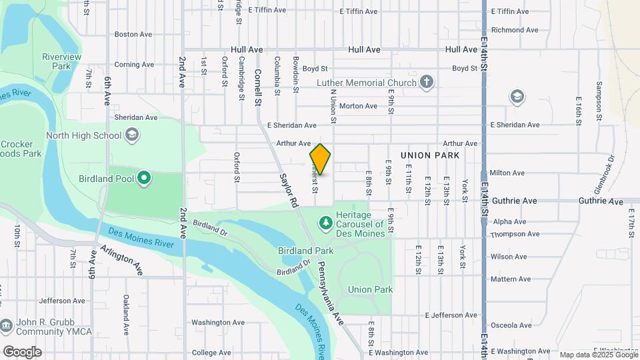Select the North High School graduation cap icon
132,135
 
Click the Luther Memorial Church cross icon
427,83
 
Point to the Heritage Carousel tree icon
325,221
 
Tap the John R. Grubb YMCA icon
6,326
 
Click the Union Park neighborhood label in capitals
430,155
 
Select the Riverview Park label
61,61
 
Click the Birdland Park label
305,251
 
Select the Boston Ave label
133,34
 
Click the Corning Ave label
133,65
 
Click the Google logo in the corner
22,351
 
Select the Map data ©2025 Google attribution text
598,355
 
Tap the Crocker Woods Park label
20,149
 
